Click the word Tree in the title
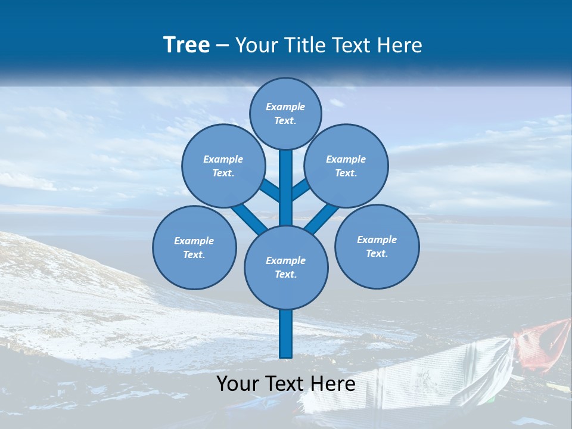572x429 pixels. [186, 45]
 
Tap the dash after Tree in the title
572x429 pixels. [222, 46]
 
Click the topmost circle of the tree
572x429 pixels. [285, 113]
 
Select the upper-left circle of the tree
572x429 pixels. [223, 166]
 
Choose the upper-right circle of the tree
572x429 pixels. [346, 166]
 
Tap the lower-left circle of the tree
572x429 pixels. [194, 247]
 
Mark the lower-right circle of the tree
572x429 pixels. [377, 246]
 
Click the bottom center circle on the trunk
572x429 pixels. [286, 267]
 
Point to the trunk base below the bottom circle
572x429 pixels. [286, 334]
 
